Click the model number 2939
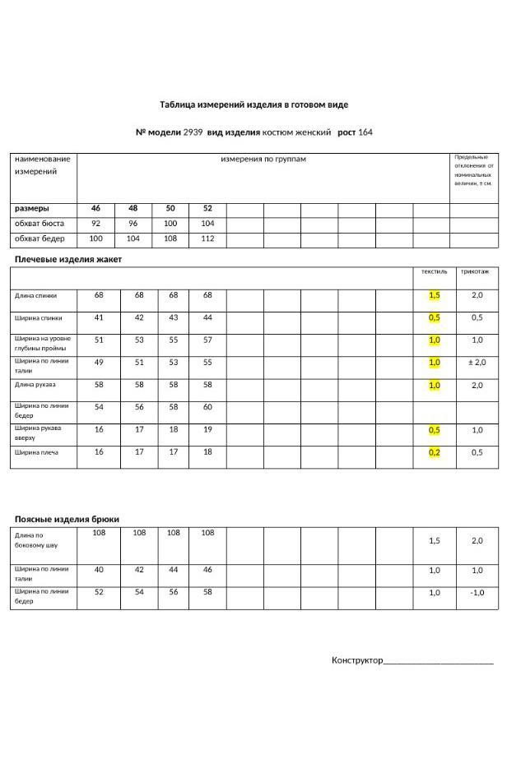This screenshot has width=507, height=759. (193, 132)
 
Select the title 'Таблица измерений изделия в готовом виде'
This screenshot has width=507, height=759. (253, 104)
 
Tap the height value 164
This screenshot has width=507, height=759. (365, 132)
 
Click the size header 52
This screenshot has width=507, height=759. (207, 209)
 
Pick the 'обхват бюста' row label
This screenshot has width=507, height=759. (39, 224)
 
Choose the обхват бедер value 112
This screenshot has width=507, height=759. (207, 239)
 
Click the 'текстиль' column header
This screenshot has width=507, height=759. (434, 271)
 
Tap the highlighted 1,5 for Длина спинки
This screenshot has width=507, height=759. (434, 295)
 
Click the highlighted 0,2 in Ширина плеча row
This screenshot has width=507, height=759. (434, 452)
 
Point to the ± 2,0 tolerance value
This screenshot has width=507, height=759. (477, 363)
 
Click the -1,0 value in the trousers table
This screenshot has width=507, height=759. (477, 593)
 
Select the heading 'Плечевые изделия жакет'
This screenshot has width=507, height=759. (67, 260)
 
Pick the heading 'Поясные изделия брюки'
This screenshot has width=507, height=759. (67, 520)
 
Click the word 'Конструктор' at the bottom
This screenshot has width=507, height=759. (357, 660)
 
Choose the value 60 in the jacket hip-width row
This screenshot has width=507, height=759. (207, 407)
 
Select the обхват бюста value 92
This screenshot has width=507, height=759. (96, 224)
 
